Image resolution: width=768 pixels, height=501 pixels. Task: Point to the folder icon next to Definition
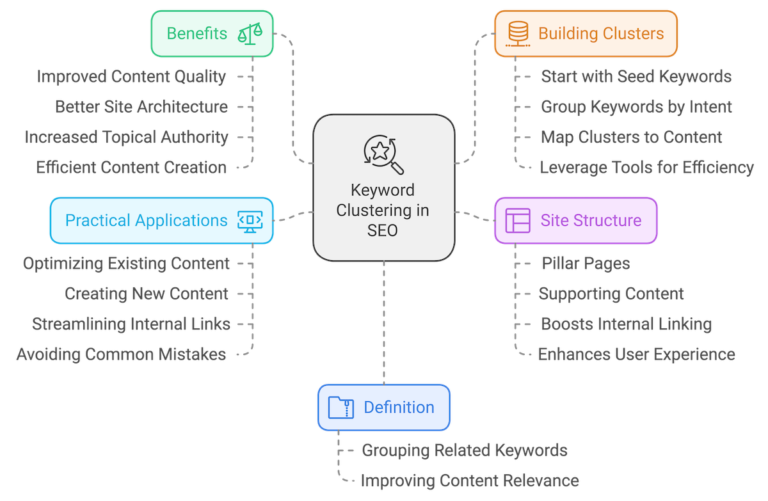click(340, 407)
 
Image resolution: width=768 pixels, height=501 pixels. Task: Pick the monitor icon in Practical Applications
click(250, 220)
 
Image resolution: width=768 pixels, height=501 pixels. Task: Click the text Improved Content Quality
click(131, 77)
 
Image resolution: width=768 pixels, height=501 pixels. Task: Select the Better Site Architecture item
click(141, 106)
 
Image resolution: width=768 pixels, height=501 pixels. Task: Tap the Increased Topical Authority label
click(126, 137)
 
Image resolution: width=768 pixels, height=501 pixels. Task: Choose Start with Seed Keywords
click(636, 77)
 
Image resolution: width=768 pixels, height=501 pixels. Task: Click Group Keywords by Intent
click(636, 106)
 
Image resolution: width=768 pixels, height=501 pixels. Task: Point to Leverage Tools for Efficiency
click(646, 168)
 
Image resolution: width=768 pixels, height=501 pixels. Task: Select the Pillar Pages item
click(586, 263)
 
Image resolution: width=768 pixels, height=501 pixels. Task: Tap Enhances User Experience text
click(636, 354)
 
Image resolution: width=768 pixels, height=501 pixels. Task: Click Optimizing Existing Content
click(126, 263)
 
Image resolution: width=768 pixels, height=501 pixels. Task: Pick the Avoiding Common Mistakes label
click(122, 354)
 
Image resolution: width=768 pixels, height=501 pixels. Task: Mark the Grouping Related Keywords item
click(464, 450)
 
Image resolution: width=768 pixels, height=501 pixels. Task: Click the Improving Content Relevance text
click(470, 480)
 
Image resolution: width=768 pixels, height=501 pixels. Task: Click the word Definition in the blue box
click(399, 407)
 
